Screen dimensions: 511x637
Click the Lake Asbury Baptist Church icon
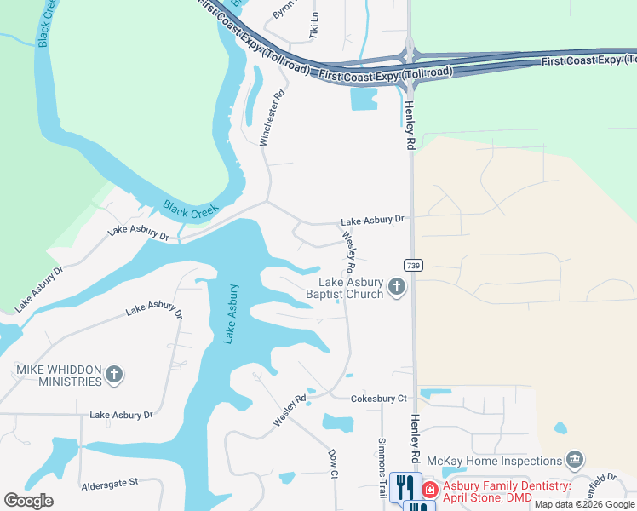click(396, 288)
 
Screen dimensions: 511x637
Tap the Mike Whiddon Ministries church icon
click(114, 374)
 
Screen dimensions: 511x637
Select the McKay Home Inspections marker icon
click(575, 460)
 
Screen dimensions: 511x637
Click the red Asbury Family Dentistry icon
click(429, 490)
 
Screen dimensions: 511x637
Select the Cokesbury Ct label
click(379, 399)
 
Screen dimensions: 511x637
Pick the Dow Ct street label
click(334, 463)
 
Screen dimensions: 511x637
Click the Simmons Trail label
click(382, 468)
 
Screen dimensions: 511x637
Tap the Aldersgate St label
click(109, 483)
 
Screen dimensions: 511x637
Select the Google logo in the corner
click(28, 501)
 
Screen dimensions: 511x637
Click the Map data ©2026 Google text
click(585, 504)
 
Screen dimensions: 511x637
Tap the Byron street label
click(283, 9)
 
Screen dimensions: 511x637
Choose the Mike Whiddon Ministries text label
click(59, 376)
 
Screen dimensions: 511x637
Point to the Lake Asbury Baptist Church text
click(344, 289)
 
